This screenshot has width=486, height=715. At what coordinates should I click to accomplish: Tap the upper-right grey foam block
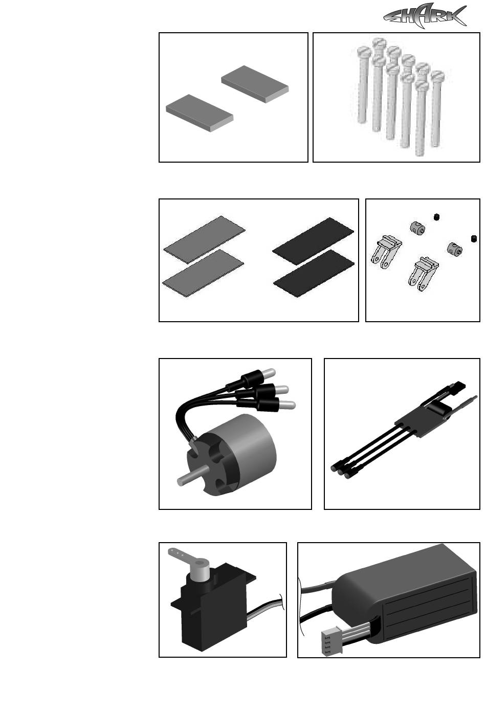(x=255, y=84)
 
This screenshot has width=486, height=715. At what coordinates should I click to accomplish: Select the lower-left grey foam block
(x=200, y=113)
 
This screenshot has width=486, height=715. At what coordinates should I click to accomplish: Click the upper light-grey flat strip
(x=204, y=240)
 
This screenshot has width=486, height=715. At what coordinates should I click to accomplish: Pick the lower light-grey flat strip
(x=203, y=274)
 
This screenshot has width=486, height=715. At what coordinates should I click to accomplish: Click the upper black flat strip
(x=313, y=241)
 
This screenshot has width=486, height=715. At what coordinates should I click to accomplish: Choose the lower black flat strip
(x=314, y=274)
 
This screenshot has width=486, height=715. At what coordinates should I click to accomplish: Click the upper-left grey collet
(x=417, y=228)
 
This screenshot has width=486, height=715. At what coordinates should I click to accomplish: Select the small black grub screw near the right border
(x=474, y=239)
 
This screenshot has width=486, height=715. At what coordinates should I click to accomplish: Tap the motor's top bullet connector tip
(x=270, y=372)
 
